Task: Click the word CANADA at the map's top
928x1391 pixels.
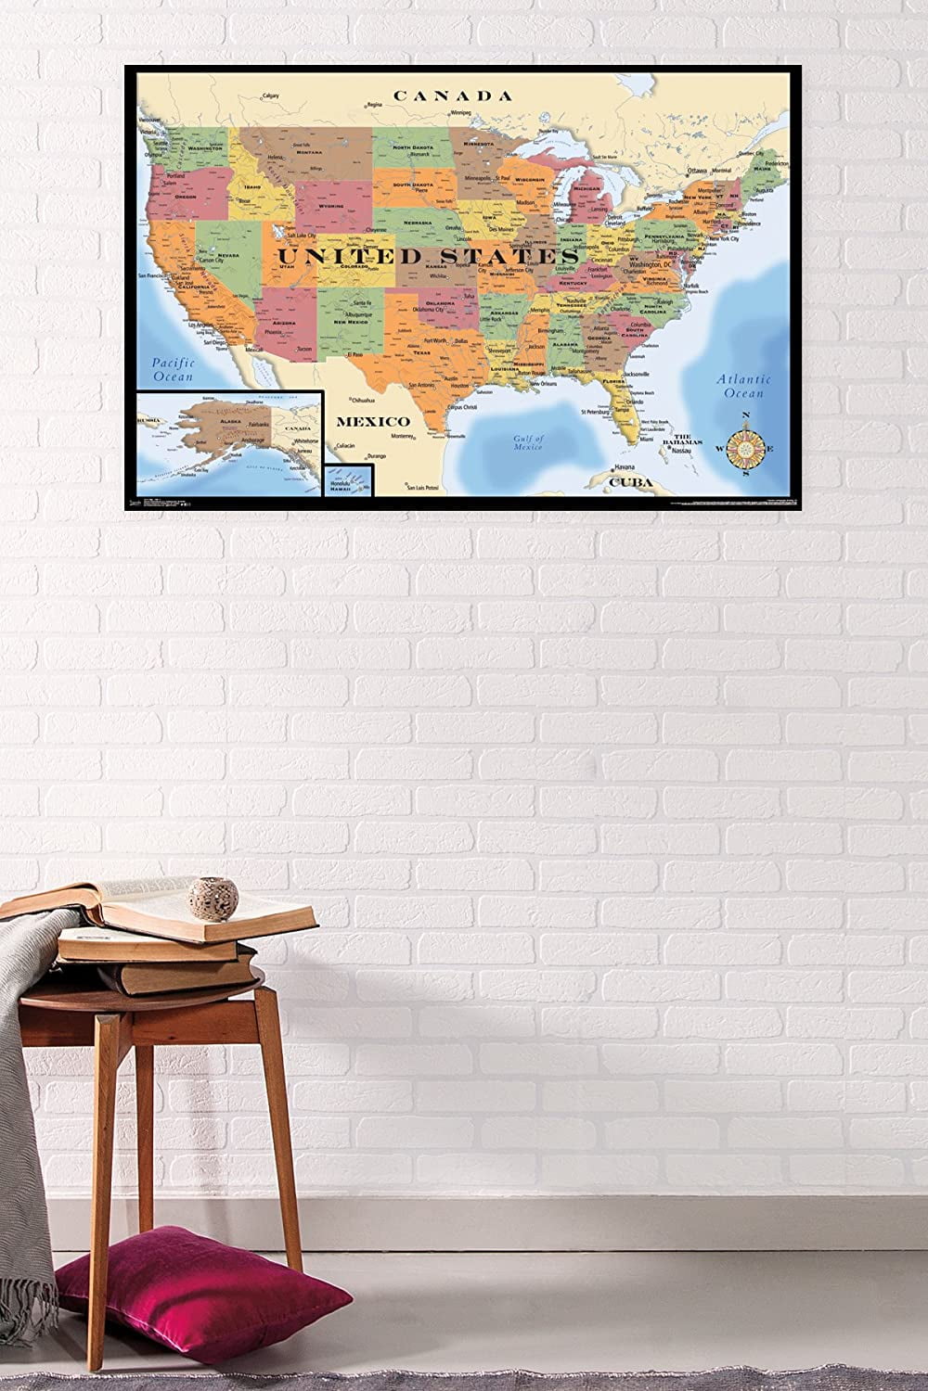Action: [x=452, y=96]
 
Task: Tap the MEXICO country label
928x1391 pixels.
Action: [x=372, y=420]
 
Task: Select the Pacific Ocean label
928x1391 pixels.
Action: [x=174, y=370]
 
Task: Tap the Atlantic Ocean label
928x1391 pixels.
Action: [x=744, y=386]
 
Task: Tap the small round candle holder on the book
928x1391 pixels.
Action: [x=202, y=894]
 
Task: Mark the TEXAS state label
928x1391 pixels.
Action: [x=422, y=352]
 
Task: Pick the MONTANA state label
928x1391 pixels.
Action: [x=307, y=152]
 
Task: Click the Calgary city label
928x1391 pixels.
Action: [x=270, y=96]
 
